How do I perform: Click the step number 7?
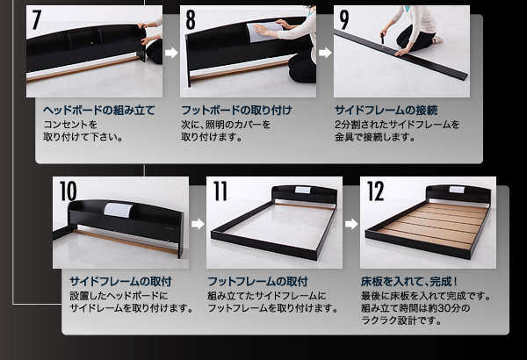36,19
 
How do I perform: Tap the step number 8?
191,19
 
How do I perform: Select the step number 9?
344,19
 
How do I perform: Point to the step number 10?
68,191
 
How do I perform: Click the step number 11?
220,191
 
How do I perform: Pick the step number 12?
375,191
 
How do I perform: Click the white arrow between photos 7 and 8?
171,53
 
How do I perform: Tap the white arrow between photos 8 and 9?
325,53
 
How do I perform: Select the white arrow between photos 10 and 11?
198,224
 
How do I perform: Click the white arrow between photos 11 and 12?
351,224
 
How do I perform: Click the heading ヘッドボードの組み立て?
98,111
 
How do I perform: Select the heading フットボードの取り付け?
236,111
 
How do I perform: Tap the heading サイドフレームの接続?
386,111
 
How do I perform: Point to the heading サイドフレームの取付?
120,281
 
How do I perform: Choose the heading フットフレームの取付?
257,281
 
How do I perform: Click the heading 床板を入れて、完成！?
409,281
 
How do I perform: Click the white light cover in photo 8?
263,32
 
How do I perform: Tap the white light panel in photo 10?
117,210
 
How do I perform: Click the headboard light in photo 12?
457,190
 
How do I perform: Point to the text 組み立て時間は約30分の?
415,308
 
